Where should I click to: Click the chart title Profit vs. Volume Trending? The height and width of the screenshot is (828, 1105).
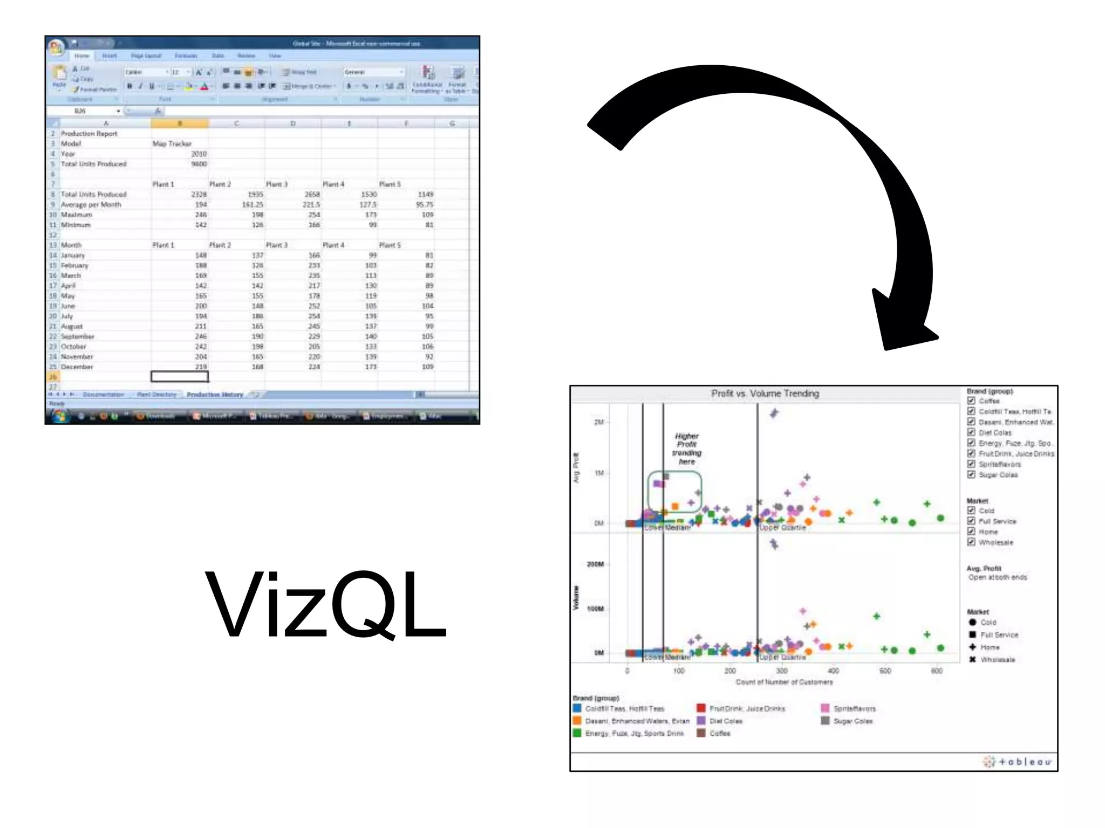(765, 394)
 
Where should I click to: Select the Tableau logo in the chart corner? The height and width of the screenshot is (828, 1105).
(1017, 762)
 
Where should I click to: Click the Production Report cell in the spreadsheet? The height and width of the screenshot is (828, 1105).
(89, 133)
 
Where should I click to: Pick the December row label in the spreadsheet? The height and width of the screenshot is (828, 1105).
(77, 367)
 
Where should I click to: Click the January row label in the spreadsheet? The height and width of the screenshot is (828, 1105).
(73, 255)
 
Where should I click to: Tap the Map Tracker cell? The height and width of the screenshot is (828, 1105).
(172, 143)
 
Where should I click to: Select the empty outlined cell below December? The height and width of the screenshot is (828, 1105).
(180, 376)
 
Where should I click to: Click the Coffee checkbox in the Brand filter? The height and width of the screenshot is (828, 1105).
(971, 401)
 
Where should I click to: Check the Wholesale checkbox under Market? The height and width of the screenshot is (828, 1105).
(971, 542)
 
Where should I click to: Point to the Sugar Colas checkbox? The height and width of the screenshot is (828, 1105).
(971, 474)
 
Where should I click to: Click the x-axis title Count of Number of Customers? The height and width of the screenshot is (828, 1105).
(784, 682)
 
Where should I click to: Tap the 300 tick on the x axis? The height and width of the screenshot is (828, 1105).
(781, 671)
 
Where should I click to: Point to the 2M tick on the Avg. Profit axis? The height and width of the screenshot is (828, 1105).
(598, 422)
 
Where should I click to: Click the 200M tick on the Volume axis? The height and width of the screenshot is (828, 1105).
(595, 564)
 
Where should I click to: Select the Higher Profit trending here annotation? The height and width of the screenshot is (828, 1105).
(686, 448)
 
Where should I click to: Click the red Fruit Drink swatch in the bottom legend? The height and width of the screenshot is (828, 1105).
(701, 708)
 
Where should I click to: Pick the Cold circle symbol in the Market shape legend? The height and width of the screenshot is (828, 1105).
(972, 622)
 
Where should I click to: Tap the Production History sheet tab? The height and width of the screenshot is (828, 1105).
(215, 395)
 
